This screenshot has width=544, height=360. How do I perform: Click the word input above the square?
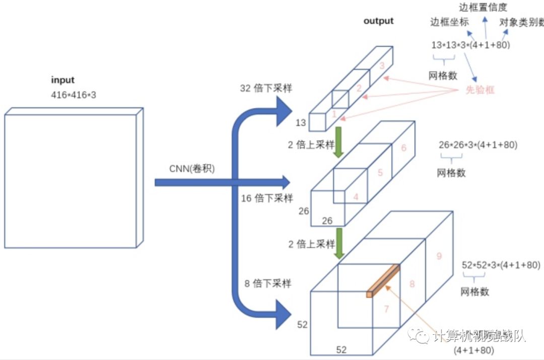tap(62, 80)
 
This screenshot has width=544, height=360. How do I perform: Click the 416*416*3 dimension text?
tap(73, 94)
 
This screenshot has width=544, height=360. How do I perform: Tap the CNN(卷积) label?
tap(192, 169)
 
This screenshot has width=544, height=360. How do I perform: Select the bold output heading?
tap(378, 21)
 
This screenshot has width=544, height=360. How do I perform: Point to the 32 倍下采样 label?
tap(265, 89)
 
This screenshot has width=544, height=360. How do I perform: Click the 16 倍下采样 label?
tap(266, 198)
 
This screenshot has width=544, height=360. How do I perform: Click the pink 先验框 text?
tap(480, 90)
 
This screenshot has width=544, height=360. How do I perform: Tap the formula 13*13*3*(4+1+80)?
tap(470, 45)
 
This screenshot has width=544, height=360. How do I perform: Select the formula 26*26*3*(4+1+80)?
tap(478, 145)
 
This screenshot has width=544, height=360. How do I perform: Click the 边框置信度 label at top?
tap(483, 7)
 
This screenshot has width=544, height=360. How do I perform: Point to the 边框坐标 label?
tap(449, 22)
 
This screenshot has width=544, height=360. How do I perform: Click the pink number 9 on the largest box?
tap(439, 256)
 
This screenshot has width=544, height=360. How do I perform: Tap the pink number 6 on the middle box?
tap(403, 148)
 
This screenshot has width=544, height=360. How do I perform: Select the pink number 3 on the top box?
tap(382, 65)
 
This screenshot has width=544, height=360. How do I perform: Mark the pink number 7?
tap(386, 309)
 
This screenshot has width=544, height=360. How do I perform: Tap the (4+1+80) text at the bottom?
tap(473, 349)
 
